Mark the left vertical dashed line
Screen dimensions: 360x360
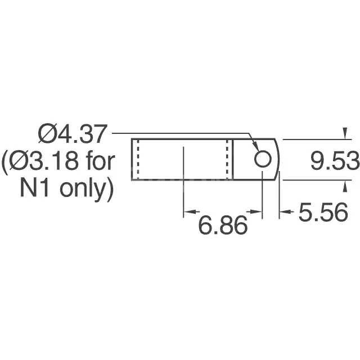point(137,159)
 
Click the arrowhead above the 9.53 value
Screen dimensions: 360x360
point(345,134)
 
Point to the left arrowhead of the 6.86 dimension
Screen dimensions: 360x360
point(190,213)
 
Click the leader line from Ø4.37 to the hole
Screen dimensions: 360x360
point(180,133)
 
